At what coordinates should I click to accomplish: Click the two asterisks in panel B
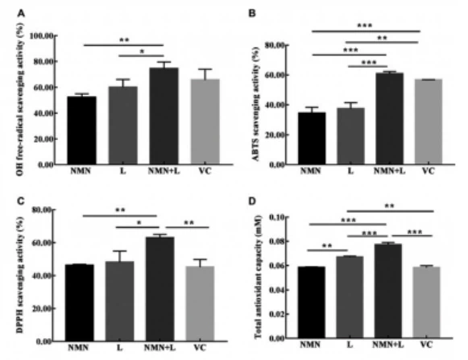pos(386,37)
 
